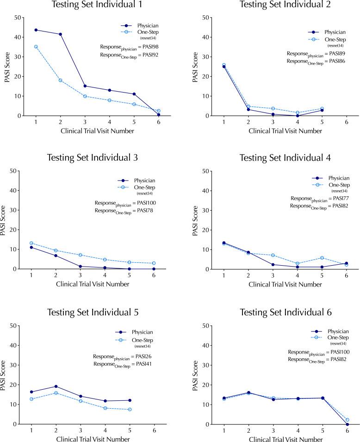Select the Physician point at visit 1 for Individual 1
coord(36,30)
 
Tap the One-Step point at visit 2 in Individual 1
coord(60,80)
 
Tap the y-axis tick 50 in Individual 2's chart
coord(209,18)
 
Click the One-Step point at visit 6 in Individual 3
coord(154,263)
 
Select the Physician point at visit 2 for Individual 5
coord(56,386)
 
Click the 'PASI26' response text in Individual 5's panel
coord(140,356)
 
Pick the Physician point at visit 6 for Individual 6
coord(347,424)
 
